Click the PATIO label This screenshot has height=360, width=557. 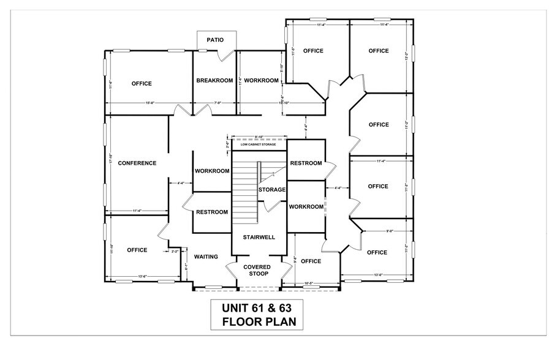tap(214, 40)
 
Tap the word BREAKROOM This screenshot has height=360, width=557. tap(214, 81)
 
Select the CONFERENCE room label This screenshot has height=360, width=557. tap(137, 163)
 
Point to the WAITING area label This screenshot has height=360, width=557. tap(206, 257)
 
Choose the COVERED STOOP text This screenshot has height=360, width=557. tap(257, 271)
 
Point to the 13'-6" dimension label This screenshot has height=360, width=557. tap(145, 276)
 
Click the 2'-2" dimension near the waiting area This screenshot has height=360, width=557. tap(174, 251)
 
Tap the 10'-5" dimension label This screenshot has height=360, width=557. tap(309, 283)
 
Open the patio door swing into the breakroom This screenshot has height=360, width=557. tap(226, 55)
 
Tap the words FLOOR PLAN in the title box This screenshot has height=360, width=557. tap(256, 321)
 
